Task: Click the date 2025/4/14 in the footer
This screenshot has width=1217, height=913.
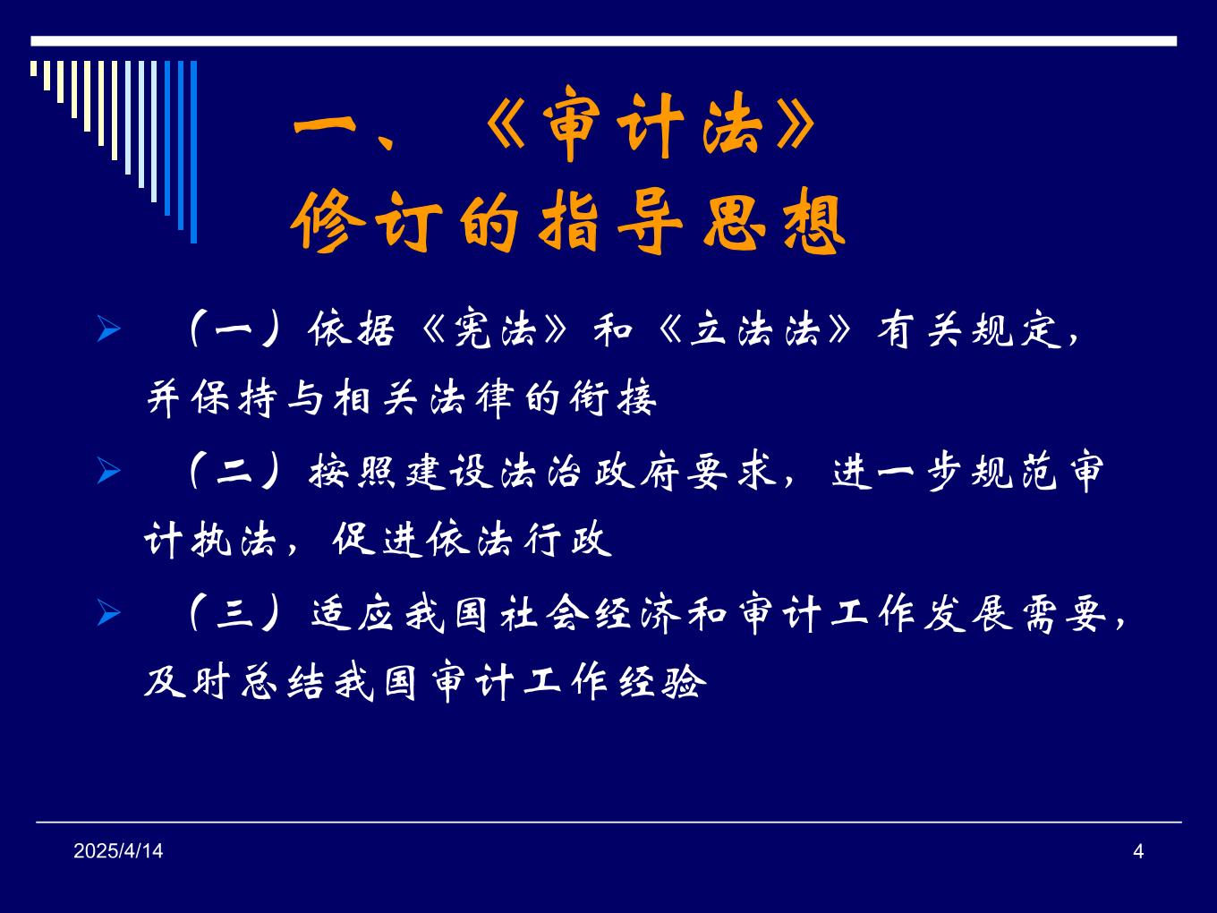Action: (118, 851)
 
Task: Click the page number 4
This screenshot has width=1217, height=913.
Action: (1138, 851)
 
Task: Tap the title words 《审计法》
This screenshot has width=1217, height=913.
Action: (651, 123)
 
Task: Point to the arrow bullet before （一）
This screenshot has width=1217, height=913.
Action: (108, 329)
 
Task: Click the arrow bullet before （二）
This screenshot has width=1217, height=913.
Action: (108, 471)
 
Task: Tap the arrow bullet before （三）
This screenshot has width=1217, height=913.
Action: (108, 613)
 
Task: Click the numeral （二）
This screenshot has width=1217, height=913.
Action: (235, 472)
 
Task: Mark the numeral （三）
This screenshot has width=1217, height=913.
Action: (235, 614)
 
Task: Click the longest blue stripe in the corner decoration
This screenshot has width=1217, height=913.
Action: (193, 152)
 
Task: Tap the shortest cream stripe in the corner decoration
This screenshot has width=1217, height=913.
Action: (34, 68)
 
